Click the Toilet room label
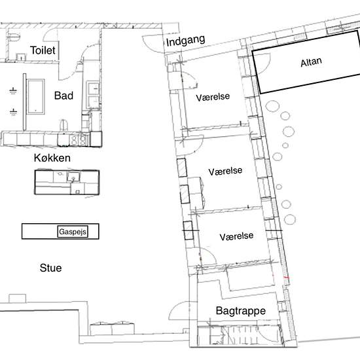(43, 50)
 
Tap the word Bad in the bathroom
(63, 96)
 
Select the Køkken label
(52, 158)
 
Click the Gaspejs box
(73, 232)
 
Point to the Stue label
(50, 268)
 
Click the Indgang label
(185, 41)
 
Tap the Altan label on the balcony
(311, 62)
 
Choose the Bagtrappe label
(241, 311)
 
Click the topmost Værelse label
(213, 97)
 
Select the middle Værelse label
(225, 171)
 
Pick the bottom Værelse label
(236, 236)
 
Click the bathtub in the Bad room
(35, 96)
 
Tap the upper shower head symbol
(13, 91)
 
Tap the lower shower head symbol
(13, 112)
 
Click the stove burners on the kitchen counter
(79, 139)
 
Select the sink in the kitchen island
(73, 177)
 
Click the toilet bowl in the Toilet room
(13, 37)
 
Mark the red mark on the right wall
(286, 278)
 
